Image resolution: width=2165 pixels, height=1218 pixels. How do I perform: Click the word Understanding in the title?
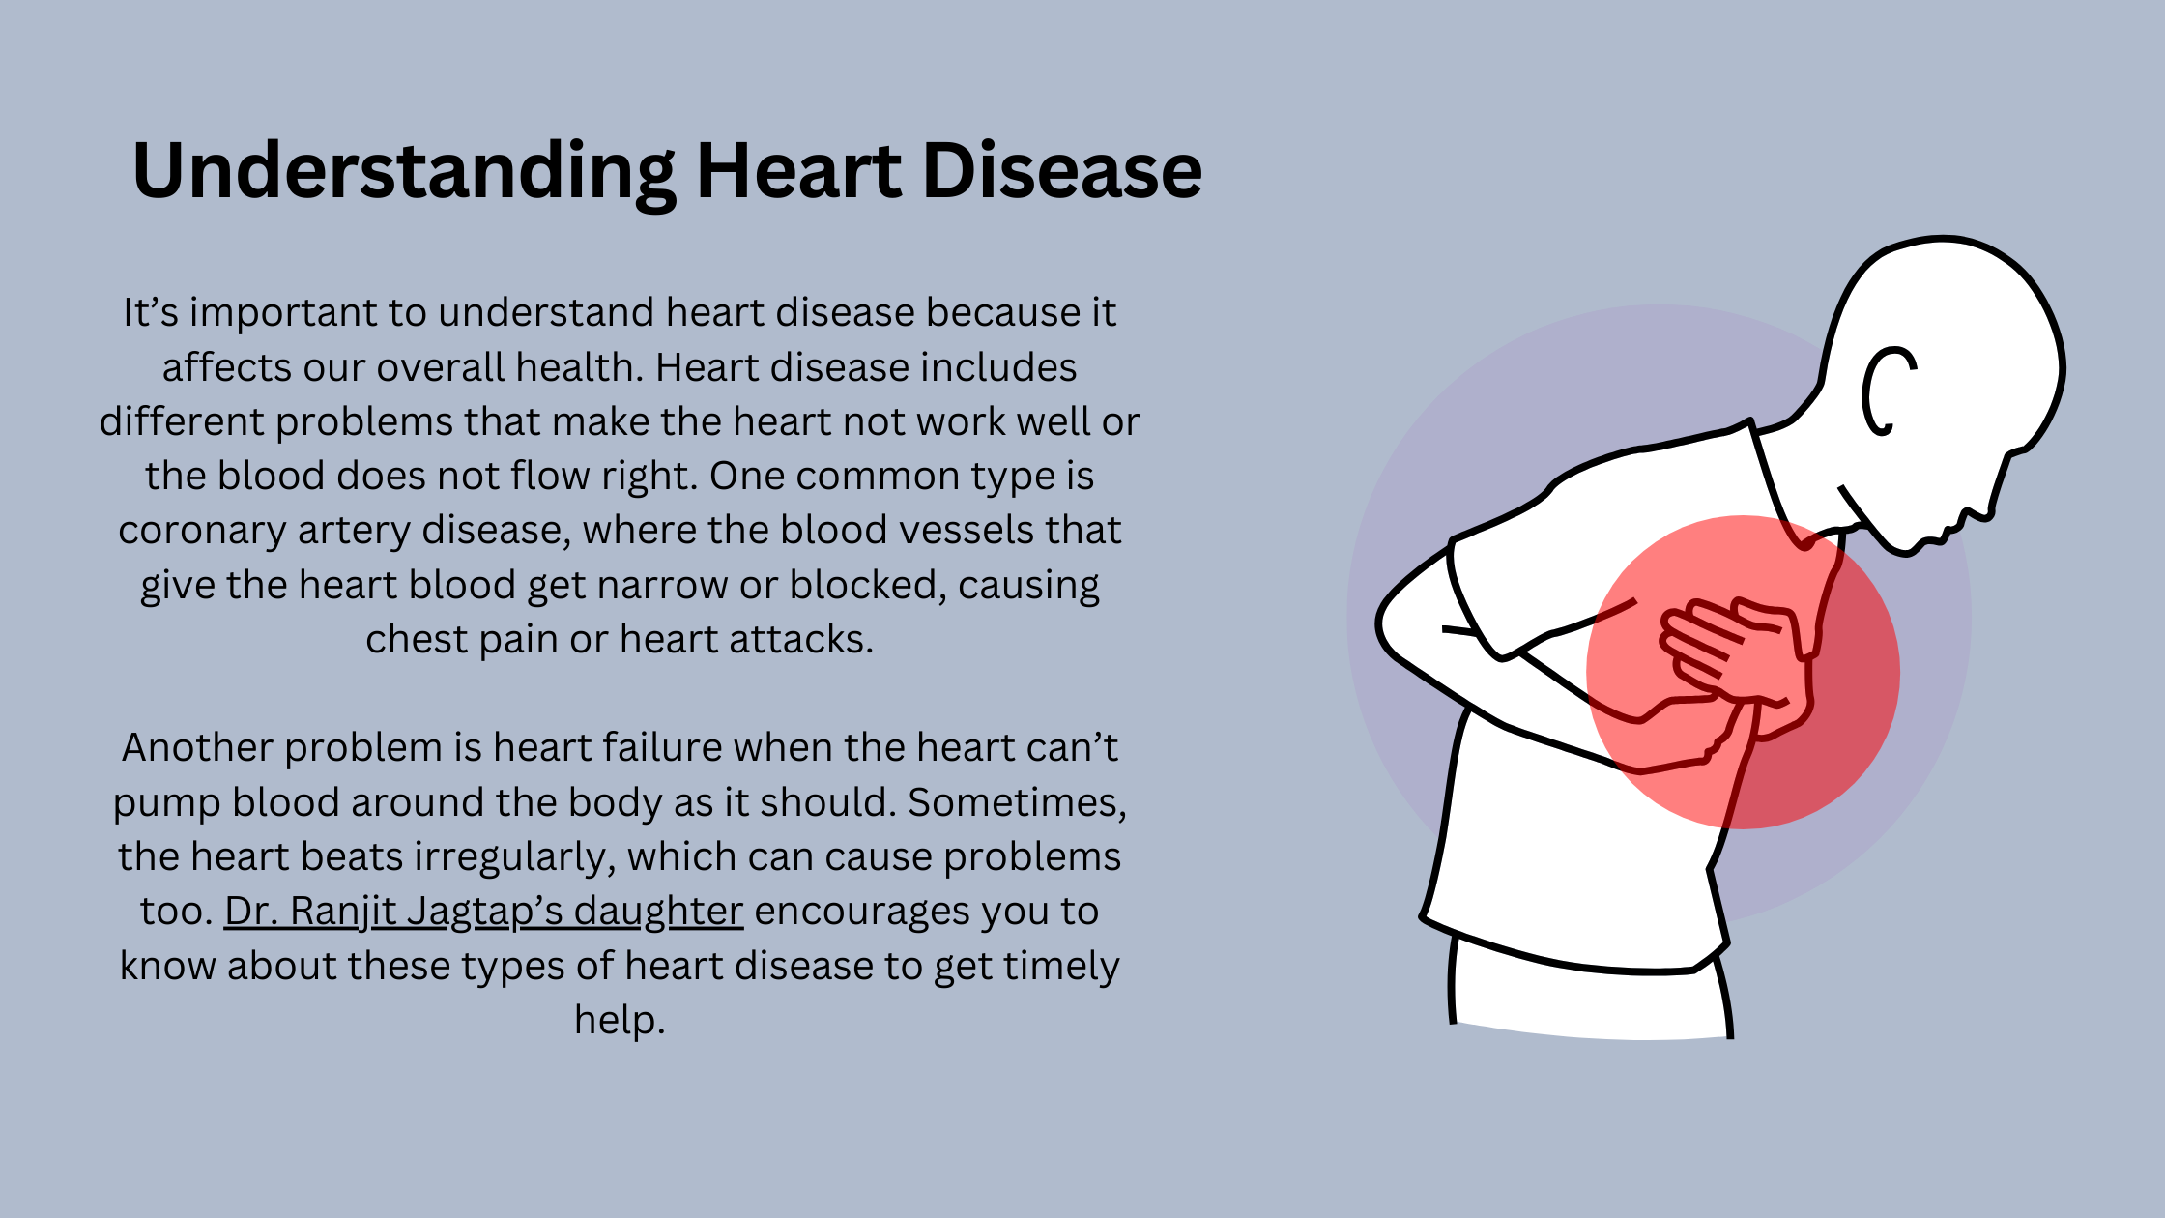point(404,172)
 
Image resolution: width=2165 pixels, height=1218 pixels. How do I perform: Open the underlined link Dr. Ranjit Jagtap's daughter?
point(483,912)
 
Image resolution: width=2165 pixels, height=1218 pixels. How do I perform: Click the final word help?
point(620,1021)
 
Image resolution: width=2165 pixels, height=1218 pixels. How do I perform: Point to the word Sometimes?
point(1017,803)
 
